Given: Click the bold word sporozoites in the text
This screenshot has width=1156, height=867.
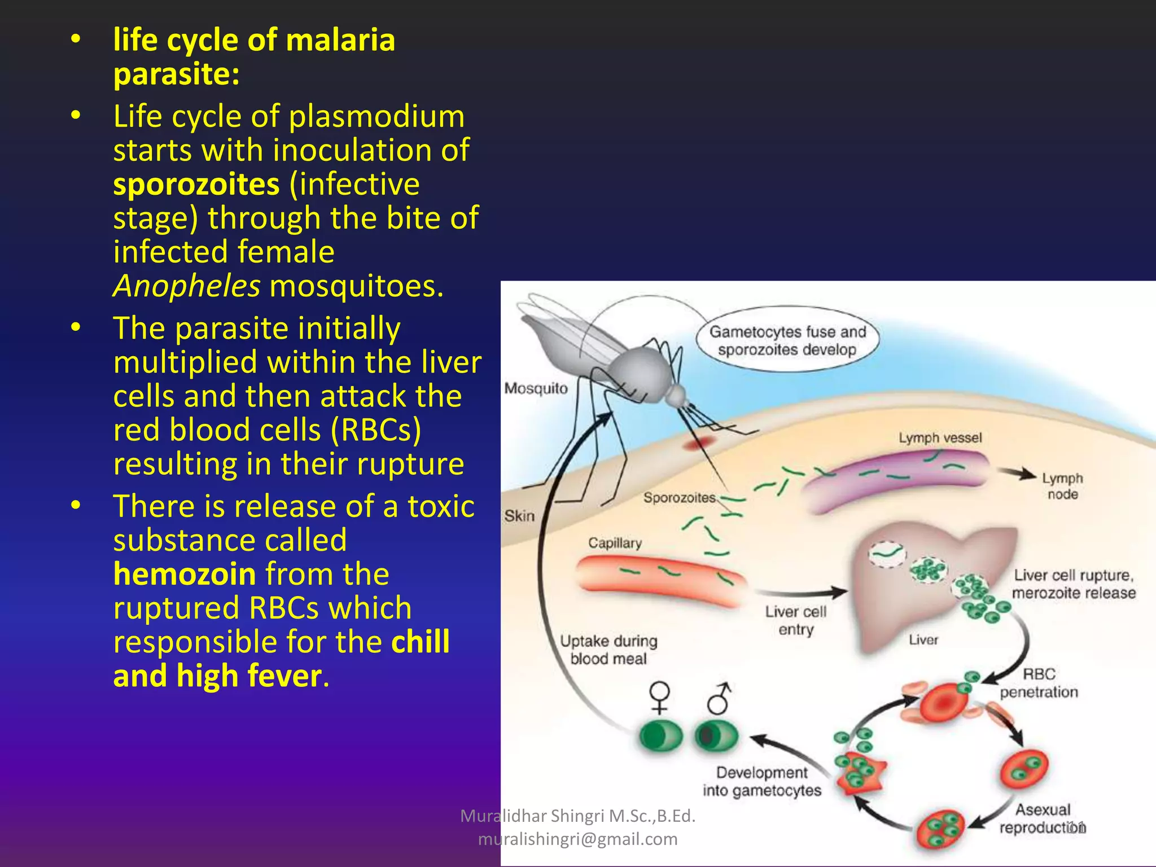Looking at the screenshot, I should [x=196, y=185].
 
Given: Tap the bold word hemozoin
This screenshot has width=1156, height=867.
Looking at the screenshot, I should [x=185, y=575].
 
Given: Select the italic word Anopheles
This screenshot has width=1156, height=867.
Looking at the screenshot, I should [x=186, y=286].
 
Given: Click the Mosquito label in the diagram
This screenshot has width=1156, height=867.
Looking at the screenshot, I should [x=536, y=388].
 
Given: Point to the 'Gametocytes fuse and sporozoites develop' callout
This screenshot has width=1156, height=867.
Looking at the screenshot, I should [x=787, y=340].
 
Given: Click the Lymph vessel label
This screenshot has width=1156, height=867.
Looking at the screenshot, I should [x=940, y=438].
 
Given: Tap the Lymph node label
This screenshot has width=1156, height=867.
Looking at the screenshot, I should [x=1062, y=486].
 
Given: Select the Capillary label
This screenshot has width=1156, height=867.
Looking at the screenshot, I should [x=615, y=543].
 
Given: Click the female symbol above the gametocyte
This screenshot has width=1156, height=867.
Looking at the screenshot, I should [x=659, y=698].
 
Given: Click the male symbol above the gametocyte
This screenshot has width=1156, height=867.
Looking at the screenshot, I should [x=719, y=698].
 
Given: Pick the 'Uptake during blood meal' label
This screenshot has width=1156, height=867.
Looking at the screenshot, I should [x=608, y=650].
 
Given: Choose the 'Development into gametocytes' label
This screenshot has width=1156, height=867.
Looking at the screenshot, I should [x=761, y=782].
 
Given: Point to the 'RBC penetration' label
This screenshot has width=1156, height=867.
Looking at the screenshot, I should [x=1039, y=683].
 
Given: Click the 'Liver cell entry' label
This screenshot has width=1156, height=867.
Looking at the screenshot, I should [x=795, y=620].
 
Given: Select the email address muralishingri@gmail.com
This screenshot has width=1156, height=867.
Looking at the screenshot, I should [x=577, y=839].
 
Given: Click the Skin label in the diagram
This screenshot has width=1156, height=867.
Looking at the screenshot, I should [x=519, y=516].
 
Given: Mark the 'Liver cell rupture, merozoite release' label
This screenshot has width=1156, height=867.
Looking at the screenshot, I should [x=1073, y=584].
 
